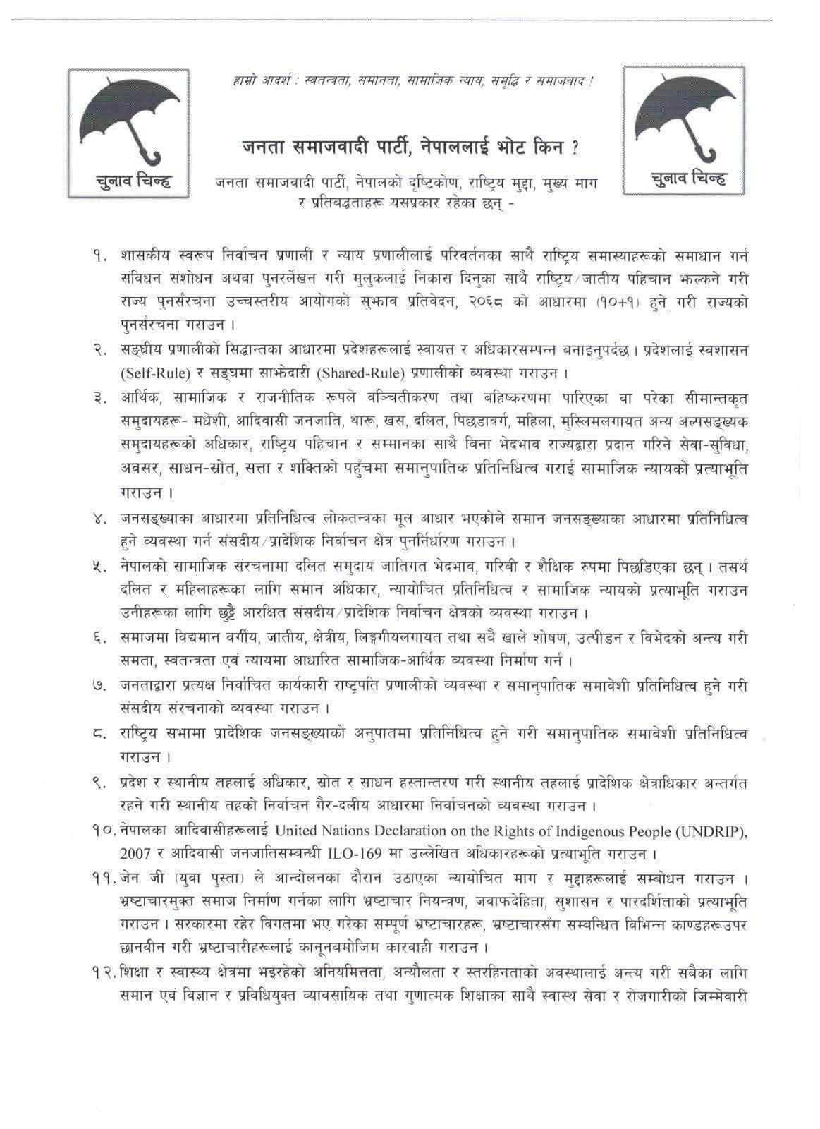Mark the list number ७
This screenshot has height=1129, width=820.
coord(99,686)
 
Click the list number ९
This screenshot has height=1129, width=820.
coord(99,783)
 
